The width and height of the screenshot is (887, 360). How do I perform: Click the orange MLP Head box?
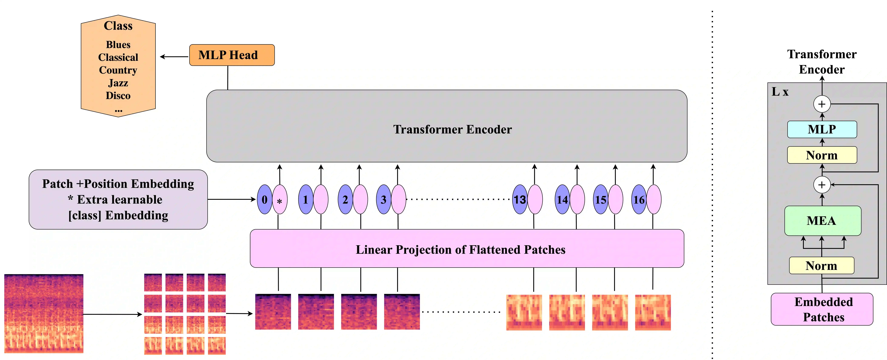[232, 55]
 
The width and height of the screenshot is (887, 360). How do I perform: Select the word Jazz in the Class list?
[118, 83]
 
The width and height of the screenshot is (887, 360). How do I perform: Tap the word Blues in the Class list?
[118, 45]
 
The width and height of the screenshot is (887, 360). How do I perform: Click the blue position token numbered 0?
[264, 200]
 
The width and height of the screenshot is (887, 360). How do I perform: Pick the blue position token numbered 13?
[520, 200]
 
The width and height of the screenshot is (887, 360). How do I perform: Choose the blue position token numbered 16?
[639, 200]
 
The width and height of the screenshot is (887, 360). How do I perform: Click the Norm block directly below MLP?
[822, 155]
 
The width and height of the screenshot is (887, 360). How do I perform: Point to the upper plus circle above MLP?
[822, 104]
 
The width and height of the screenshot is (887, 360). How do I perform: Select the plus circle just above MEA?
[822, 185]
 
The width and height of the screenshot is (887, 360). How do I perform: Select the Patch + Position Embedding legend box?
[118, 200]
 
